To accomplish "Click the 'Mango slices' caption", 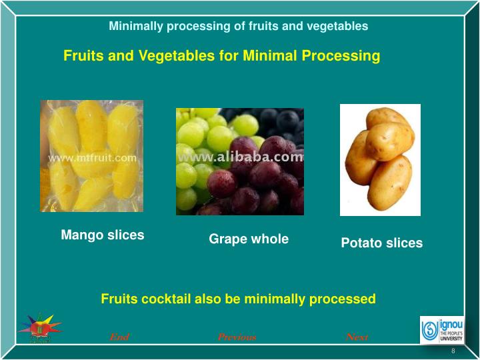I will (x=103, y=235).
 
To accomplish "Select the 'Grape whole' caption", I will (x=249, y=239).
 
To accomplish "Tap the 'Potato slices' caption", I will (x=381, y=243).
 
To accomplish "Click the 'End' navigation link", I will (x=119, y=337).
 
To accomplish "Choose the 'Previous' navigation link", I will (x=237, y=337).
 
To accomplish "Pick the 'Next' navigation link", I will (x=357, y=337).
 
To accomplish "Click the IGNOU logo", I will (x=441, y=329).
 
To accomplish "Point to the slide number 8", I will (x=453, y=351).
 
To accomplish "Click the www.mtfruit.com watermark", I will (x=93, y=158).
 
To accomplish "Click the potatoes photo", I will (x=380, y=160).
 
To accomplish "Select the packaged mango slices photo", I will (x=91, y=156).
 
